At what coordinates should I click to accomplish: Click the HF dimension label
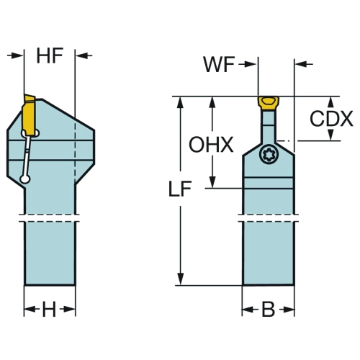point(50,55)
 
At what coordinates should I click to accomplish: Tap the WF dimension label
point(219,64)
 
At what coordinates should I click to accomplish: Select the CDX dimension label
point(331,119)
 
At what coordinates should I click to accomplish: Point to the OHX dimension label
point(211,145)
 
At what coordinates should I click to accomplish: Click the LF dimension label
point(180,189)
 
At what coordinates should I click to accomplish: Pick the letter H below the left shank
point(49,309)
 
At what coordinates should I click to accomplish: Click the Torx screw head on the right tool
point(269,155)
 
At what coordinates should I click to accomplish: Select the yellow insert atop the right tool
point(269,103)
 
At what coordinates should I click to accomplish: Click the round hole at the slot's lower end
point(25,179)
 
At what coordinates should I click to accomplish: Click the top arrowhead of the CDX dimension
point(331,104)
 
